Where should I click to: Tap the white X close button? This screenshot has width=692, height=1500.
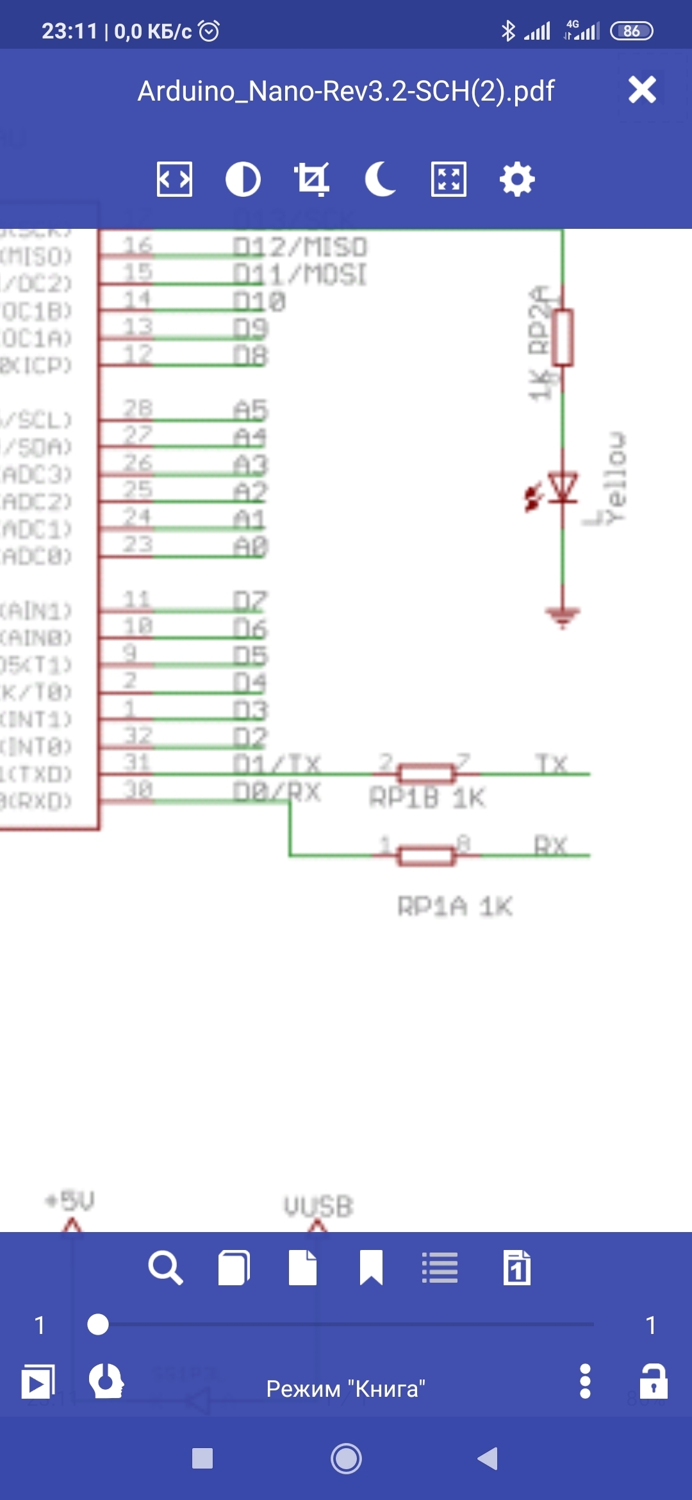(x=642, y=90)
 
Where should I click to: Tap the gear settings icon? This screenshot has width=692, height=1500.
(x=517, y=179)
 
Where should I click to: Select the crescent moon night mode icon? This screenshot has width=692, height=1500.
(x=380, y=179)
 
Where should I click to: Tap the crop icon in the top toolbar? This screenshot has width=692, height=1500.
(x=311, y=179)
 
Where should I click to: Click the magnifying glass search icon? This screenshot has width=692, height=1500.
(x=165, y=1268)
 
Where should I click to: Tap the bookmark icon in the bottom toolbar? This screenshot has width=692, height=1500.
(x=371, y=1268)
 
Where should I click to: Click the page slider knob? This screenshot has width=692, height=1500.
(x=98, y=1324)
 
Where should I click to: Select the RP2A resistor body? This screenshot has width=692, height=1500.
(x=563, y=337)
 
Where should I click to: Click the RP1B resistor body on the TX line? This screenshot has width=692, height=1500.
(x=426, y=774)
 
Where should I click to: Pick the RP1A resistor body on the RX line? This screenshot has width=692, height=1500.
(x=426, y=855)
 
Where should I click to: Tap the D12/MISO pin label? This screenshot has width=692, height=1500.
(x=299, y=247)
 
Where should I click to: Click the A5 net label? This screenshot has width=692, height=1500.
(x=251, y=410)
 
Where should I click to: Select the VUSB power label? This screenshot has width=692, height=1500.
(x=318, y=1206)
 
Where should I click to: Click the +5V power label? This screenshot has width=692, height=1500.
(x=70, y=1201)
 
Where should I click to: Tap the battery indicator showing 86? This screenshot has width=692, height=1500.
(x=631, y=31)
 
